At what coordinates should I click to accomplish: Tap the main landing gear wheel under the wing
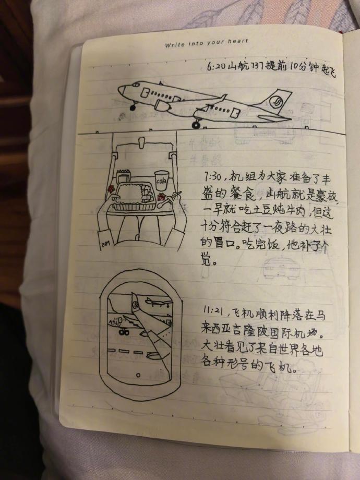click(196, 125)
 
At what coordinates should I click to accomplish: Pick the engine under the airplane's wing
click(163, 106)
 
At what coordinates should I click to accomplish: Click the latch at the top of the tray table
click(142, 141)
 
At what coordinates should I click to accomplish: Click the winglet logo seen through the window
click(135, 304)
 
